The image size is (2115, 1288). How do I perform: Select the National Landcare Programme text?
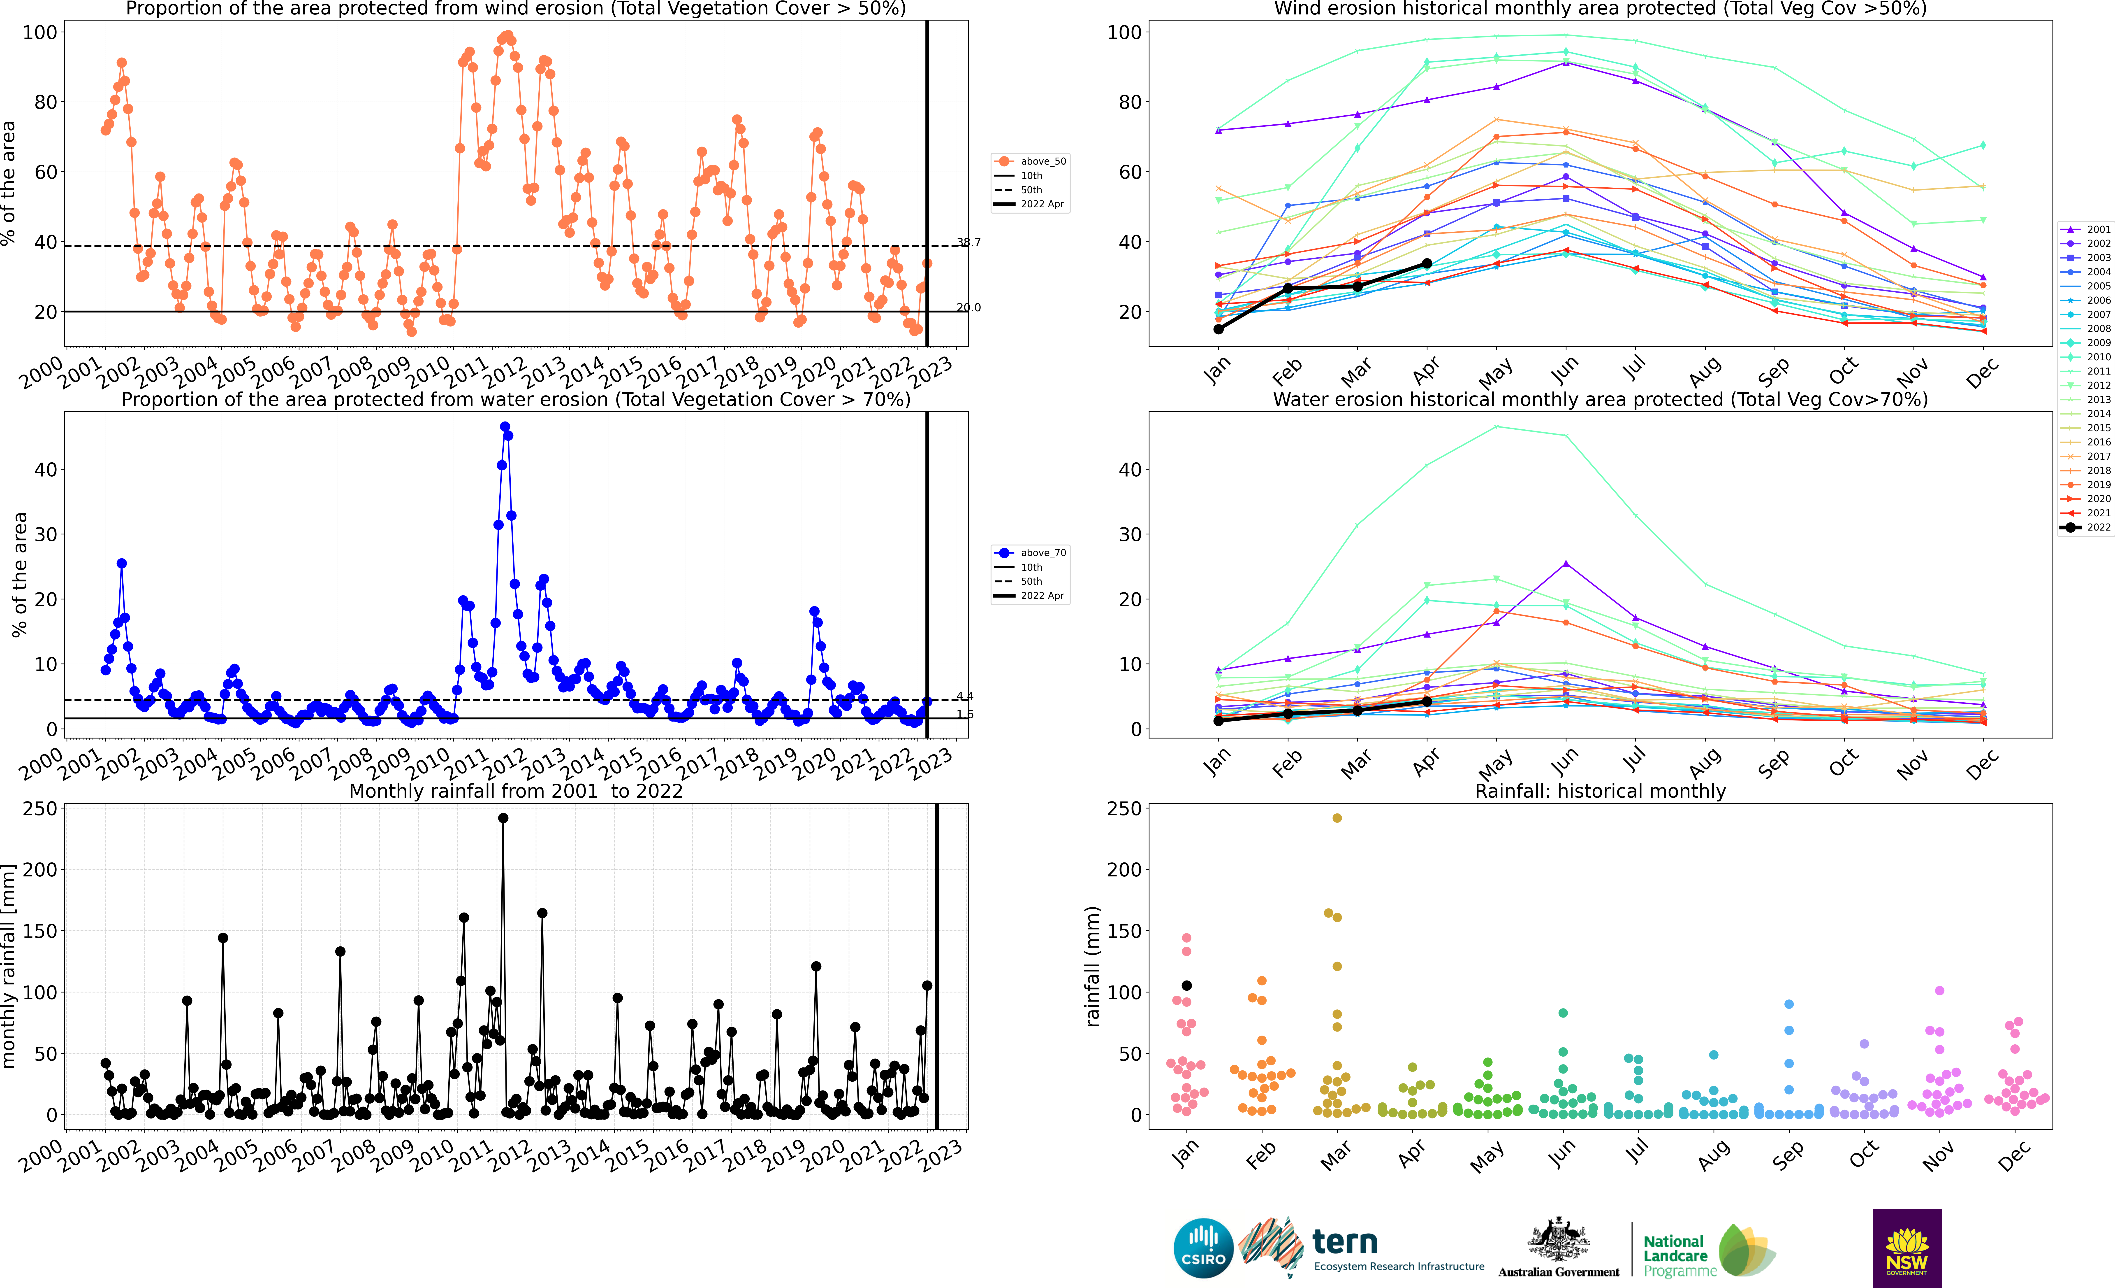click(x=1680, y=1255)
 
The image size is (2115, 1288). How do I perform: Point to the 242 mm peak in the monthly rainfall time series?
click(x=503, y=818)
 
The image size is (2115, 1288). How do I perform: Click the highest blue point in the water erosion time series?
click(x=505, y=427)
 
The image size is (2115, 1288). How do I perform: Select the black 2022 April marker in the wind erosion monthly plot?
click(x=1427, y=264)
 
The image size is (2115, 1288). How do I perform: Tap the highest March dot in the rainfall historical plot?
click(x=1337, y=818)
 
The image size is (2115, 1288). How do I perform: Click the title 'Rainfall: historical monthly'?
click(x=1600, y=791)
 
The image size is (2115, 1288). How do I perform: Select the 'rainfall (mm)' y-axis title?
click(x=1093, y=966)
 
